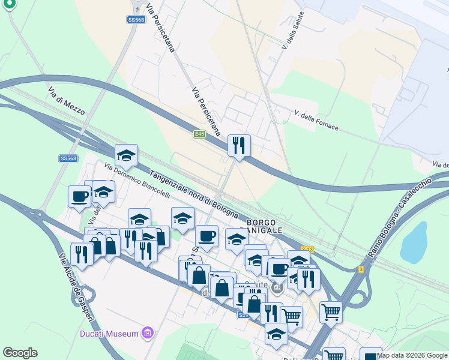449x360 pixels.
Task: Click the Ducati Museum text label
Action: click(x=110, y=333)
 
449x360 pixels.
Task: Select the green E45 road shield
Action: click(x=200, y=134)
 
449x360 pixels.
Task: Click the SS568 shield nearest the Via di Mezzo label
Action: click(x=68, y=158)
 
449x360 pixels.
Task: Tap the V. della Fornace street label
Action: click(x=316, y=120)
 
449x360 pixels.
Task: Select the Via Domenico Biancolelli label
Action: click(x=130, y=181)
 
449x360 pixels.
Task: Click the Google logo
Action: click(x=20, y=353)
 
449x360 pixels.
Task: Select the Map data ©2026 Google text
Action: click(x=412, y=355)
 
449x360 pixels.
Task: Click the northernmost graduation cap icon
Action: click(x=126, y=155)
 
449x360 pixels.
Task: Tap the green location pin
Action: click(x=9, y=5)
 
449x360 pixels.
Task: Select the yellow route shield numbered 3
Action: click(x=361, y=270)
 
